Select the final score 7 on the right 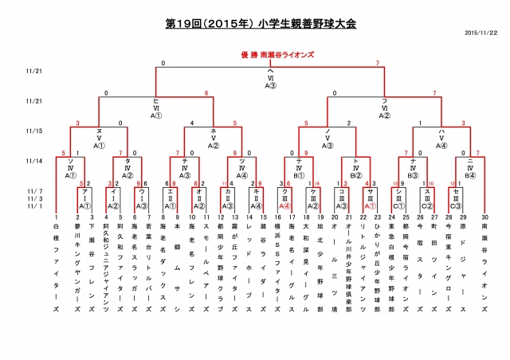coord(377,62)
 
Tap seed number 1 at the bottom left coord(57,217)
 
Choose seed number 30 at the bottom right coord(485,217)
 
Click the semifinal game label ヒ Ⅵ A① coord(155,108)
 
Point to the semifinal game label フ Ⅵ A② coord(384,108)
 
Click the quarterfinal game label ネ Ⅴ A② coord(214,138)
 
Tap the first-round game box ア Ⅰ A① coord(84,198)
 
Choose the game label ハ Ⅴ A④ coord(442,138)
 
